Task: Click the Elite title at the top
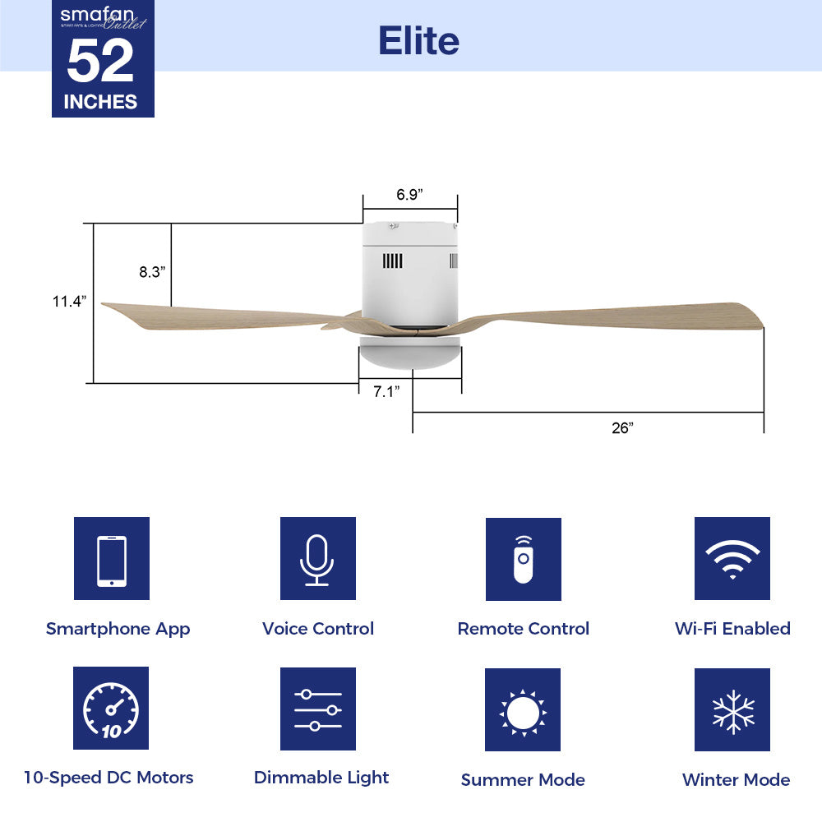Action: (x=418, y=39)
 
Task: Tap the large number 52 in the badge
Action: (x=100, y=62)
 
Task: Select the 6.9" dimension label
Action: (x=409, y=195)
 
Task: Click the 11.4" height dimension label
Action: (x=70, y=302)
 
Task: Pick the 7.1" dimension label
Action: (x=386, y=392)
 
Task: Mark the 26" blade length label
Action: (x=622, y=427)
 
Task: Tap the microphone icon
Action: (x=317, y=559)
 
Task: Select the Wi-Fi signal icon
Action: (x=732, y=559)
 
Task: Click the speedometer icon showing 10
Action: (x=111, y=709)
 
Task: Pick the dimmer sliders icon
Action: (x=317, y=709)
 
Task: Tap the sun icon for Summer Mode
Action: (x=522, y=709)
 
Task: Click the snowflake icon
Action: (x=732, y=709)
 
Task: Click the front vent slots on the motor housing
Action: (x=392, y=261)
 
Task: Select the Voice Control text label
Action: (x=317, y=629)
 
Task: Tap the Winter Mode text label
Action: (x=736, y=779)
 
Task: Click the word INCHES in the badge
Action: (x=100, y=102)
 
